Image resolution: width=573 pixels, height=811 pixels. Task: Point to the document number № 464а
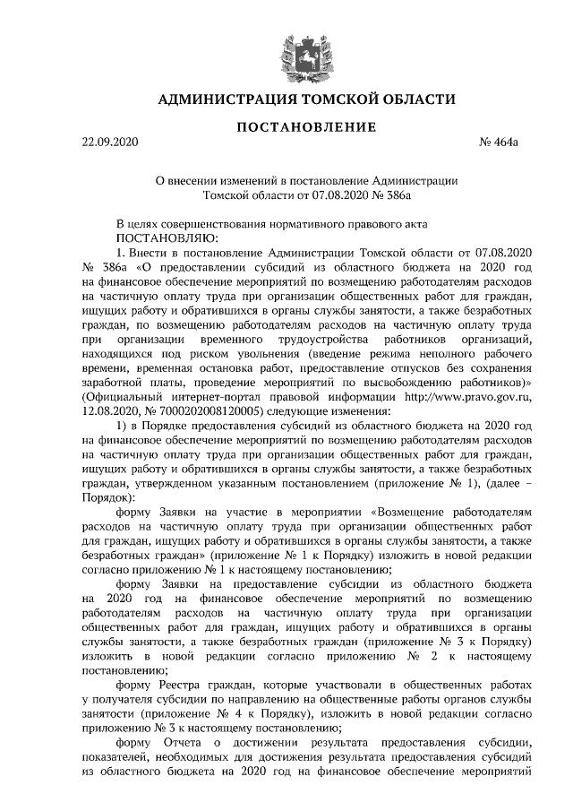click(509, 143)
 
